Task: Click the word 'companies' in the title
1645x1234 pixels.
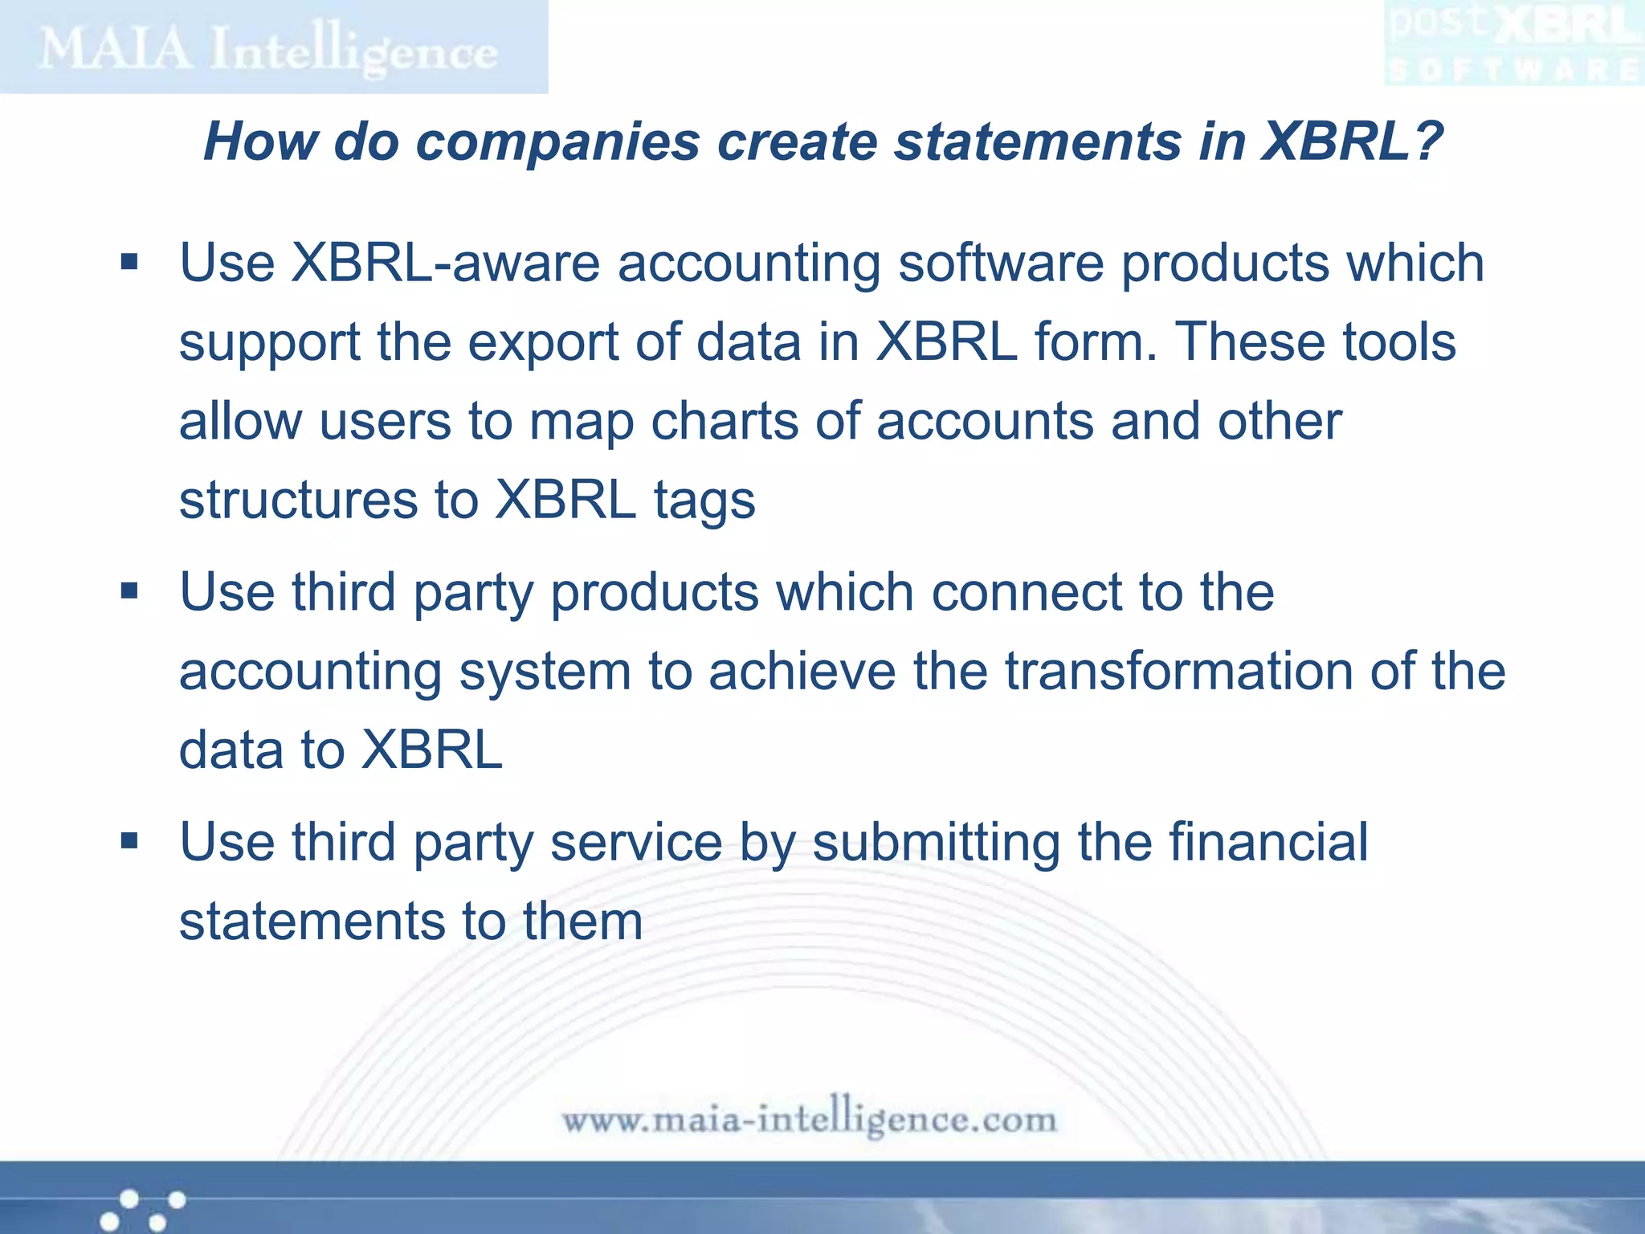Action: pos(557,141)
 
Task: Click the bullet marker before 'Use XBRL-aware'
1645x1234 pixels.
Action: pos(129,262)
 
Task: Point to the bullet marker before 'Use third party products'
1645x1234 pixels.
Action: pos(129,592)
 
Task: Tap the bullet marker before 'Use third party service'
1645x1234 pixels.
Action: pos(129,841)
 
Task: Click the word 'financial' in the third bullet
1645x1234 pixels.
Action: pos(1268,841)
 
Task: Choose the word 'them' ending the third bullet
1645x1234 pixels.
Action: pos(583,921)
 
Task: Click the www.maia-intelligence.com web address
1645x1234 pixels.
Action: pos(809,1118)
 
